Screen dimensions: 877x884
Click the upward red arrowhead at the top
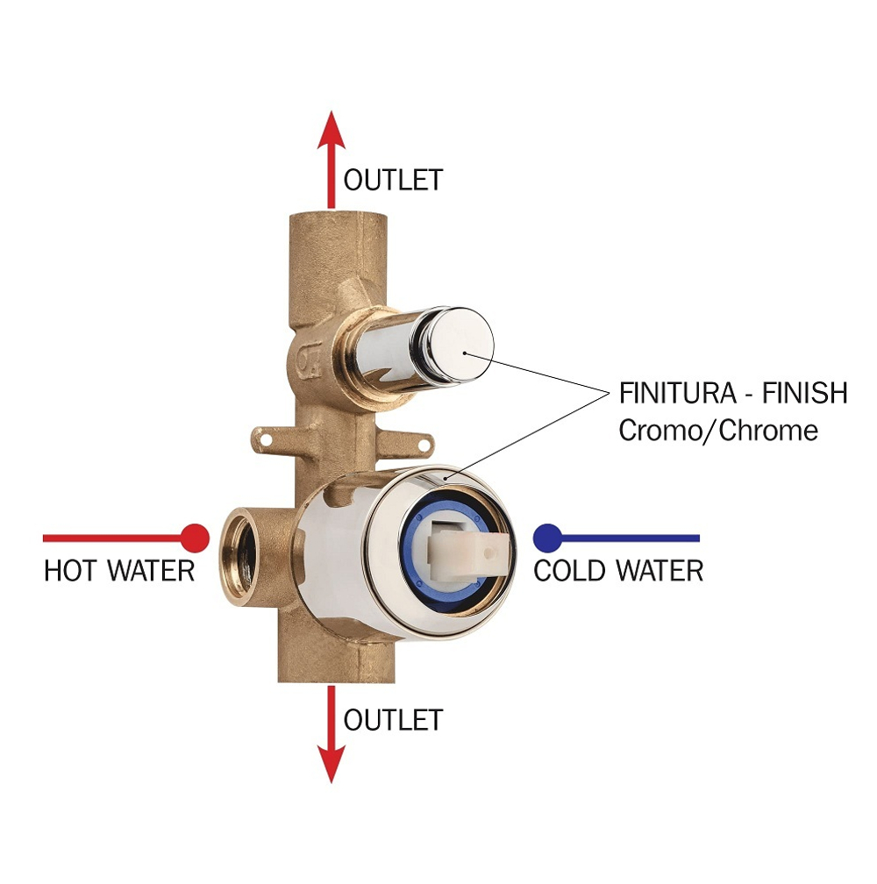(x=331, y=130)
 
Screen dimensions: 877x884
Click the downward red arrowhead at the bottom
(x=331, y=764)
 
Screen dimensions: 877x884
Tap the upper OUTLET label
(x=394, y=180)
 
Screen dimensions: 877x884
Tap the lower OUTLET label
(x=394, y=720)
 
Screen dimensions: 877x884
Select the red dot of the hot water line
(x=195, y=538)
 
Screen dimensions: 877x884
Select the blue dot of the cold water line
(x=547, y=538)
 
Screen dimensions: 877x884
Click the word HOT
(x=70, y=571)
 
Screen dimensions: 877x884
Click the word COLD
(x=570, y=571)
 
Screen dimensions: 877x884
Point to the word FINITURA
(x=677, y=393)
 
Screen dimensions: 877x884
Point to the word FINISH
(x=805, y=393)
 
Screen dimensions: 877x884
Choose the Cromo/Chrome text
(x=718, y=431)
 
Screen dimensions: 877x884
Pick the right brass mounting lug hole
(x=423, y=446)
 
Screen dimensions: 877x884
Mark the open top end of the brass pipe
(x=338, y=214)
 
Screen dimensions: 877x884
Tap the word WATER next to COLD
(x=660, y=571)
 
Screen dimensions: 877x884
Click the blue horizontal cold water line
(x=631, y=538)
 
